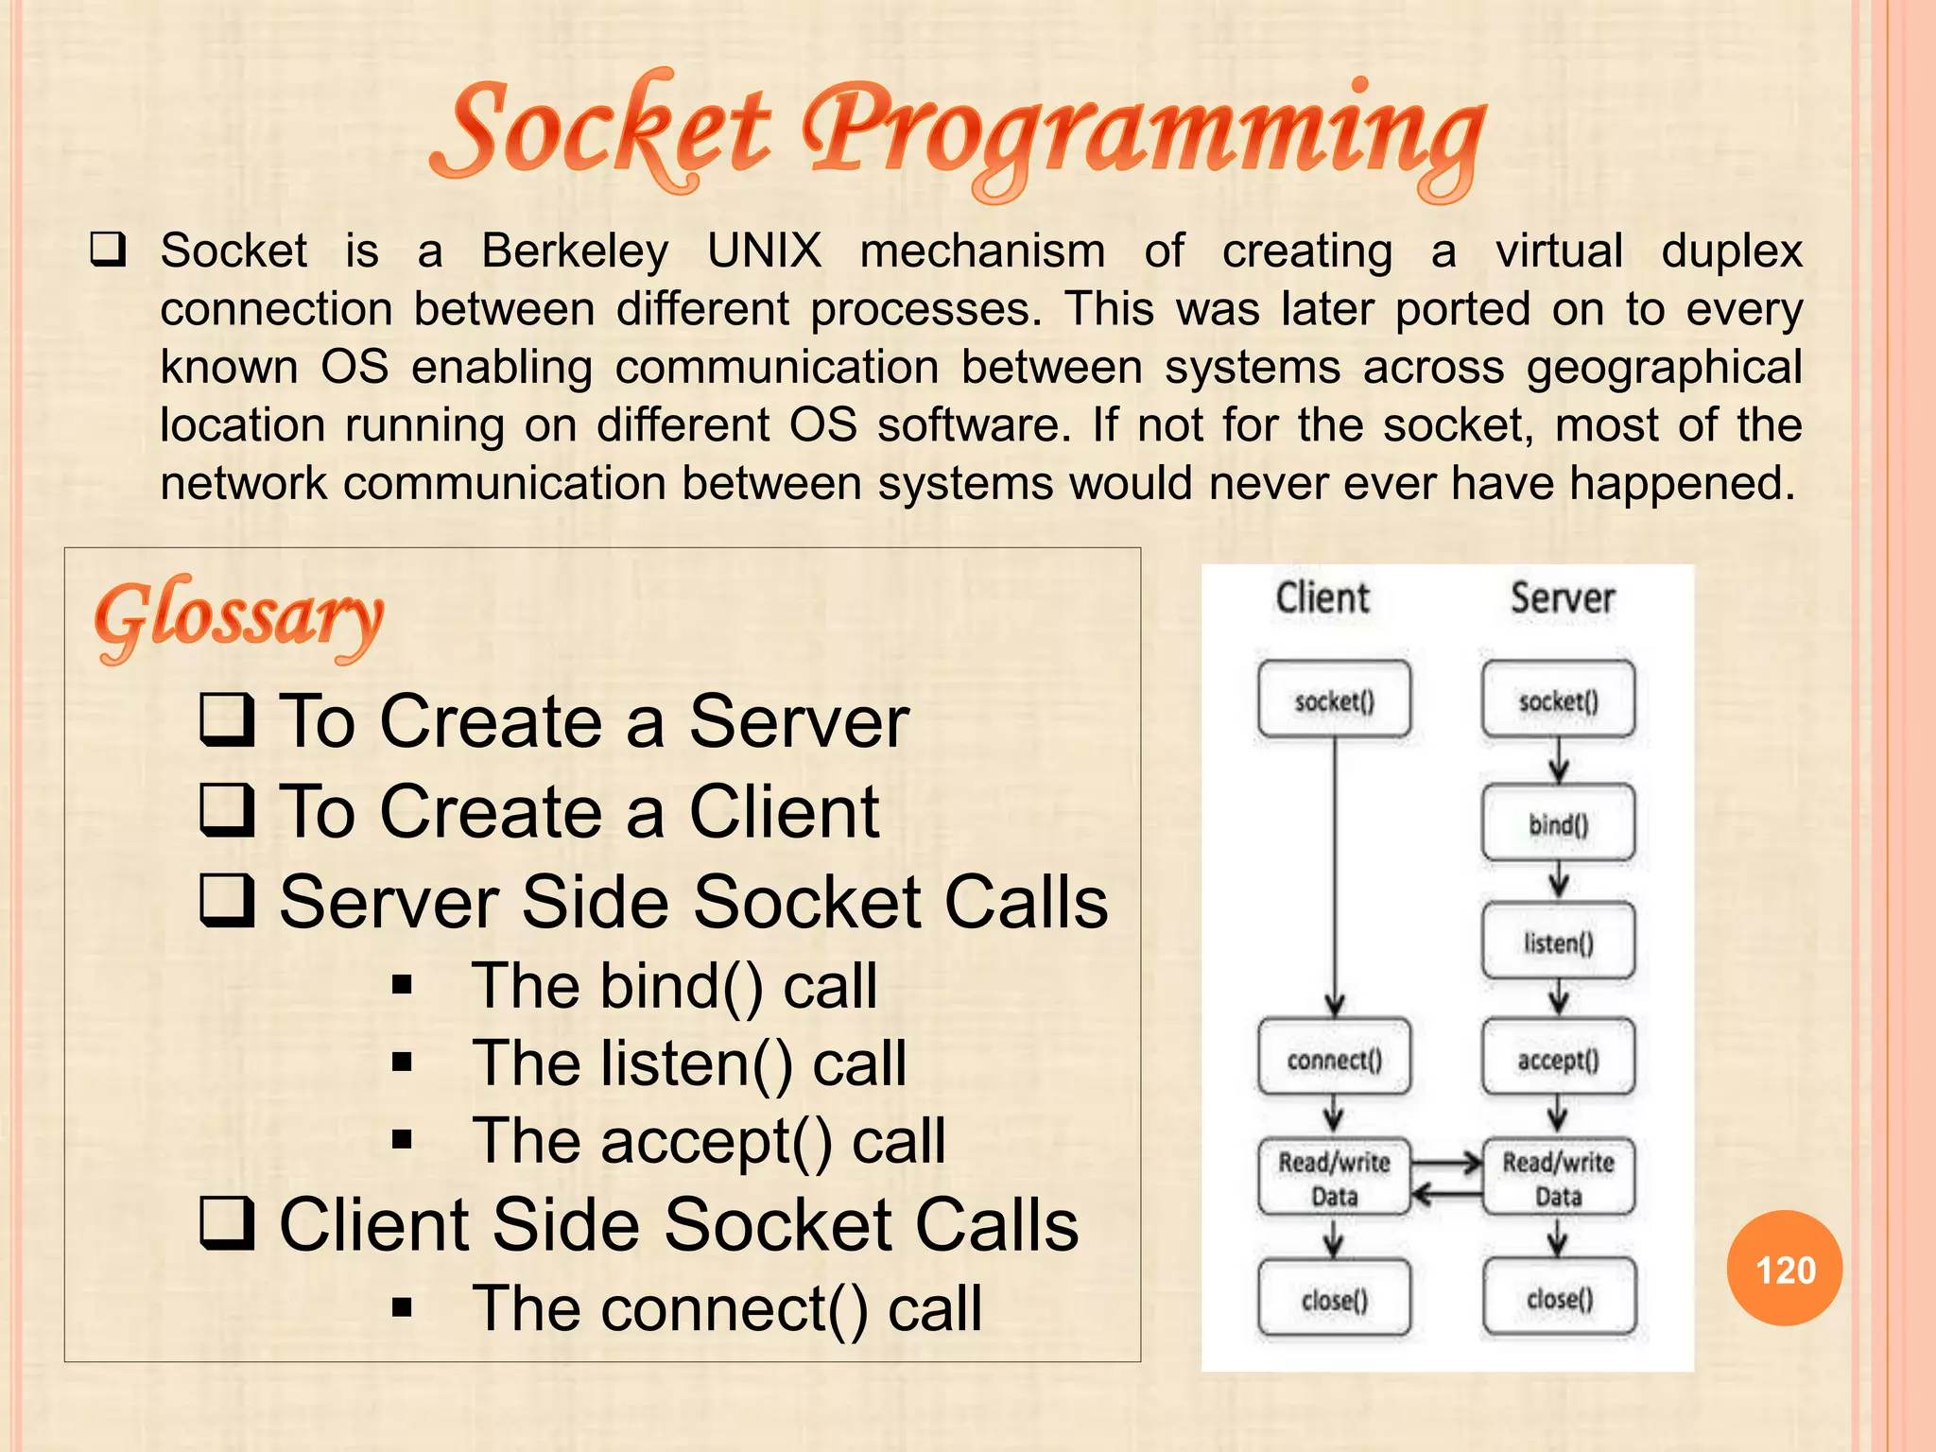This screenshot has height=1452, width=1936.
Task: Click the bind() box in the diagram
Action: (x=1558, y=823)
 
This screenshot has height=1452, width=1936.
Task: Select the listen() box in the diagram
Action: (x=1558, y=942)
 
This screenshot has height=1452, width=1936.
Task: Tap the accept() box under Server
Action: (x=1558, y=1059)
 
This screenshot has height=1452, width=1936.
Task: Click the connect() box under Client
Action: (x=1334, y=1059)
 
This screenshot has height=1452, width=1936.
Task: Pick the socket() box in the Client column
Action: (x=1334, y=700)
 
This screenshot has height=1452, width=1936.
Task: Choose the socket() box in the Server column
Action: (x=1558, y=700)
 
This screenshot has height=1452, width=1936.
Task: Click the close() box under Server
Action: (x=1559, y=1299)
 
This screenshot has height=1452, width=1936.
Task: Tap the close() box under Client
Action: (x=1334, y=1299)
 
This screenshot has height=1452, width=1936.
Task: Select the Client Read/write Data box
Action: (x=1334, y=1178)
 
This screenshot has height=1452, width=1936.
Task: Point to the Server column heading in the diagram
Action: (x=1562, y=598)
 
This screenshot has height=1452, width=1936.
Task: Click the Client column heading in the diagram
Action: (x=1322, y=598)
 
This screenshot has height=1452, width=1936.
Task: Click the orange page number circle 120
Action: (x=1784, y=1269)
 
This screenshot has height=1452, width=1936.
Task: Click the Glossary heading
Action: (x=238, y=619)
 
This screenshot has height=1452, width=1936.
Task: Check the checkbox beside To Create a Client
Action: (x=227, y=809)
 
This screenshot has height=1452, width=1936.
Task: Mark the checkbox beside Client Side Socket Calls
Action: (x=227, y=1222)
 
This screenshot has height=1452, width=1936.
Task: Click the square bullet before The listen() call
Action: (x=403, y=1063)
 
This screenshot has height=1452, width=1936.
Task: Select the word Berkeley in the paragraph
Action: (x=575, y=251)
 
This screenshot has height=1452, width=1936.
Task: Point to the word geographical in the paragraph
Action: (x=1664, y=368)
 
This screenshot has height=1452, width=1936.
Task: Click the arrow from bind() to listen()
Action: (x=1558, y=882)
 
